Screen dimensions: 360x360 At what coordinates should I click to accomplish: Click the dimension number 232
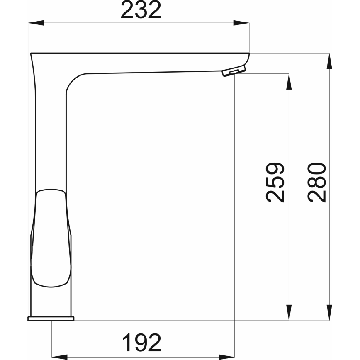click(140, 10)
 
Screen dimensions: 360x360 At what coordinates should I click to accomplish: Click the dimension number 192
click(141, 343)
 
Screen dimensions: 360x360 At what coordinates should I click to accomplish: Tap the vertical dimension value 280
click(317, 182)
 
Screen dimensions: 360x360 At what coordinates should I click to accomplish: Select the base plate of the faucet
click(51, 319)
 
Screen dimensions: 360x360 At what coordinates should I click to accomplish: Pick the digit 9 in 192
click(141, 343)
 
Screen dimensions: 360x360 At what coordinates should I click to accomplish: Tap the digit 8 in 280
click(317, 182)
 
